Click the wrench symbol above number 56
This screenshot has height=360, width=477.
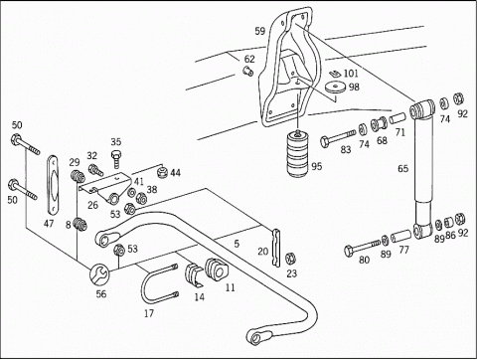[x=98, y=274]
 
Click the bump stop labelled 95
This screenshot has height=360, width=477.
[x=298, y=153]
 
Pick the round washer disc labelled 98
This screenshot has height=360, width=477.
[x=335, y=88]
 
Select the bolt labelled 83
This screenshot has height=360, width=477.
[x=338, y=137]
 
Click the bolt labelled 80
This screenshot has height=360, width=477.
[x=362, y=248]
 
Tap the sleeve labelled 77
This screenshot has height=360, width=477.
[x=400, y=236]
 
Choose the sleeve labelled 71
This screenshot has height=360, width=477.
[x=398, y=118]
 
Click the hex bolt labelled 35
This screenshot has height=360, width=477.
[x=115, y=158]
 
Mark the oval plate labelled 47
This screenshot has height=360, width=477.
[x=52, y=184]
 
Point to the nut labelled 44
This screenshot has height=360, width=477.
[x=162, y=172]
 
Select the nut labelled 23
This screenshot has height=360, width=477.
[x=290, y=259]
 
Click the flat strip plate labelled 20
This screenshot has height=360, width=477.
[x=275, y=248]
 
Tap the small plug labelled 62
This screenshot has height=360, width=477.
[x=247, y=71]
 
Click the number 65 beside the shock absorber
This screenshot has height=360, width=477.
[x=402, y=169]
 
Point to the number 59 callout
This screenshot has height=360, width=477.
[x=260, y=31]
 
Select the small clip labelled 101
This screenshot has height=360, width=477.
[x=335, y=73]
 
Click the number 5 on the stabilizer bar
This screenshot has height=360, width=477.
[x=237, y=244]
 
